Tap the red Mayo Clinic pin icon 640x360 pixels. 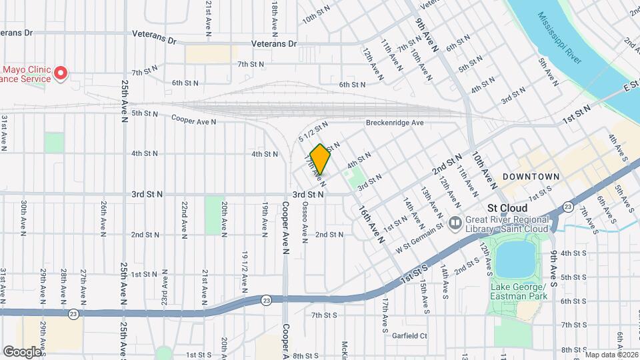61,73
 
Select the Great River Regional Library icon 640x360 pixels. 455,222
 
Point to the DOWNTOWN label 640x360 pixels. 531,176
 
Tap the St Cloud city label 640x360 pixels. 507,208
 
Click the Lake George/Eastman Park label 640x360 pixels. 519,291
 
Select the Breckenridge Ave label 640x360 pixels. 395,123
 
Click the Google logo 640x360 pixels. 22,351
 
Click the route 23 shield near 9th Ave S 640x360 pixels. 567,206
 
